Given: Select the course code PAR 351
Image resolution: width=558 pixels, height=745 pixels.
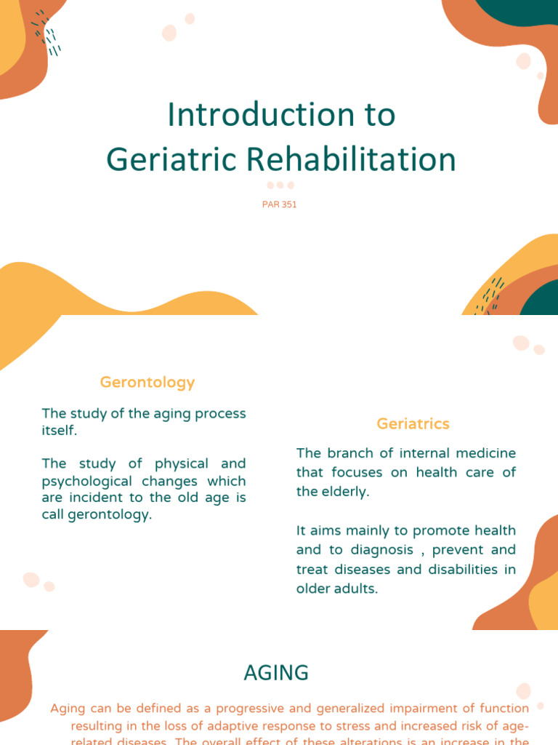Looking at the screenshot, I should click(280, 204).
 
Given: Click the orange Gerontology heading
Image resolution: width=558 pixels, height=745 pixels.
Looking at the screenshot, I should click(147, 382).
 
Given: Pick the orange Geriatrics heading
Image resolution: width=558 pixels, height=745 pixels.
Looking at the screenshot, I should click(413, 423).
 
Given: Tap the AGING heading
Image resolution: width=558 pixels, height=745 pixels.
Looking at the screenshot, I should click(276, 673).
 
